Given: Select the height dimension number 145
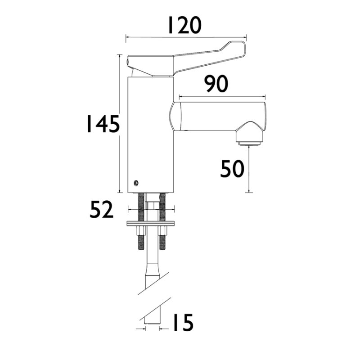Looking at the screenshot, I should (x=103, y=125).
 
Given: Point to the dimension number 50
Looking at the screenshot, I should (x=232, y=169).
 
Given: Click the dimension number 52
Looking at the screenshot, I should (x=102, y=210).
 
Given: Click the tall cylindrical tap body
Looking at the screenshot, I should (x=151, y=135).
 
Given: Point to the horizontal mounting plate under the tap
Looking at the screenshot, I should (x=151, y=223).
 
